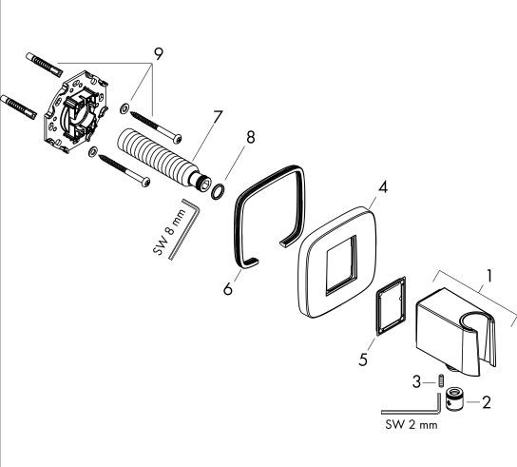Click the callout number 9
pyautogui.click(x=159, y=54)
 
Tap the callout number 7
pyautogui.click(x=218, y=116)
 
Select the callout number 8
pyautogui.click(x=251, y=137)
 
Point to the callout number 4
pyautogui.click(x=382, y=187)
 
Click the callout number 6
pyautogui.click(x=228, y=289)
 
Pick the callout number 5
pyautogui.click(x=363, y=360)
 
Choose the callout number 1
pyautogui.click(x=489, y=276)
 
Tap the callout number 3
pyautogui.click(x=417, y=382)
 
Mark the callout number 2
pyautogui.click(x=487, y=402)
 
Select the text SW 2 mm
pyautogui.click(x=412, y=424)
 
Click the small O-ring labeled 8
pyautogui.click(x=218, y=192)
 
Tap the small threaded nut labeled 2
pyautogui.click(x=454, y=399)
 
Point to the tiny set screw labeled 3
pyautogui.click(x=439, y=380)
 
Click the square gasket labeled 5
pyautogui.click(x=391, y=306)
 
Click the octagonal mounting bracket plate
pyautogui.click(x=76, y=112)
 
